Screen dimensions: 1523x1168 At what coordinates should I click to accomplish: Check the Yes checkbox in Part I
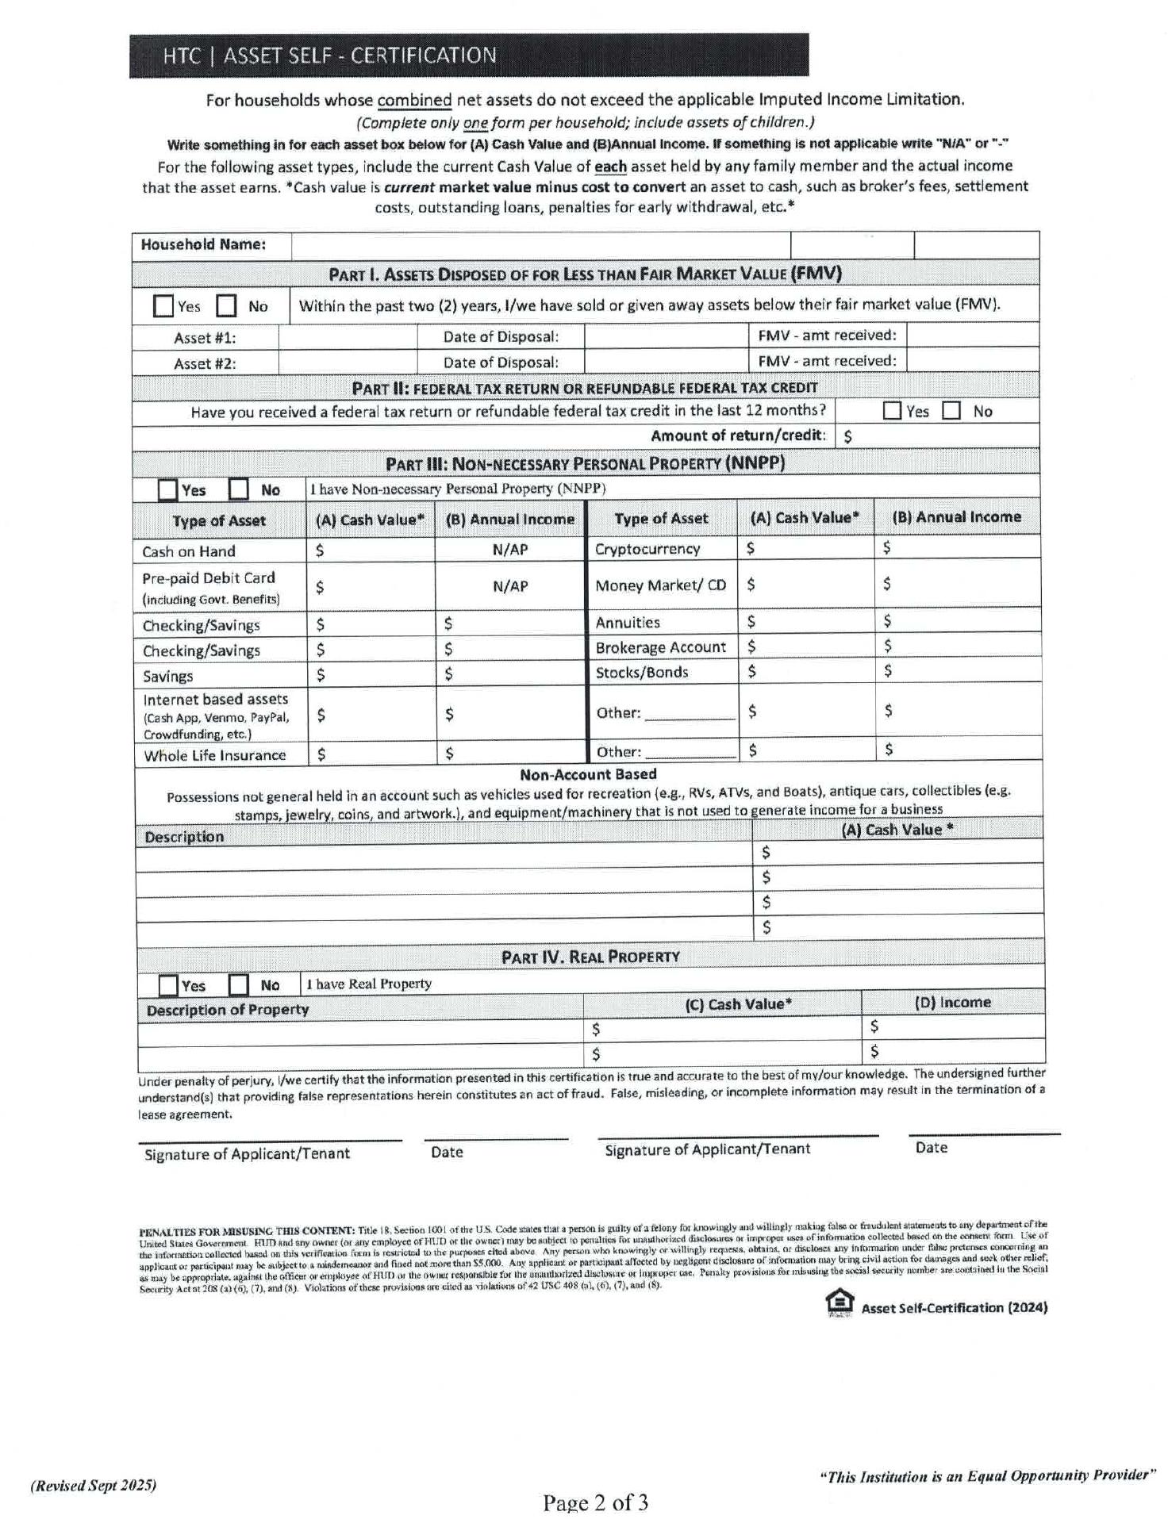[x=163, y=306]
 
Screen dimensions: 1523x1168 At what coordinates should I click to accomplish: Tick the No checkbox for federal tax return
[x=951, y=411]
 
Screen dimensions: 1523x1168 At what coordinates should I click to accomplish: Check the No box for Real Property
[x=238, y=984]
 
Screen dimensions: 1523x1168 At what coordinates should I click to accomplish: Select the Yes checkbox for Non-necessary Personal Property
[x=167, y=489]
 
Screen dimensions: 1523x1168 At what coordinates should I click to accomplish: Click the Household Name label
[x=203, y=244]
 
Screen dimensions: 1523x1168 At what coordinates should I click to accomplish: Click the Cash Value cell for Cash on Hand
[x=371, y=551]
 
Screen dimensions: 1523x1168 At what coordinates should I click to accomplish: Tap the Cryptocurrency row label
[x=647, y=549]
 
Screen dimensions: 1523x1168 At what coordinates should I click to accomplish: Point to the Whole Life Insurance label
[x=214, y=755]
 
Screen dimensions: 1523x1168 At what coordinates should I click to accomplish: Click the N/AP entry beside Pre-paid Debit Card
[x=510, y=586]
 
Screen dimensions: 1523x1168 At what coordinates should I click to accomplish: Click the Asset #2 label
[x=205, y=363]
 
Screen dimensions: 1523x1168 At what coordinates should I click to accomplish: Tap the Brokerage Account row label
[x=660, y=647]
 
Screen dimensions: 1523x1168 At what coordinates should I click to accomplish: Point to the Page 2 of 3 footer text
[x=595, y=1502]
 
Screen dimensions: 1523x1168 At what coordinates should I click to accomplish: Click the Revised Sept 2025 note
[x=94, y=1485]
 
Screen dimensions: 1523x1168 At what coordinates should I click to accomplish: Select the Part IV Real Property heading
[x=590, y=957]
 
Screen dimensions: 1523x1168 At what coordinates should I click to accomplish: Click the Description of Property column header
[x=228, y=1010]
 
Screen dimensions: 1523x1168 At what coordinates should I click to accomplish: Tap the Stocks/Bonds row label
[x=642, y=673]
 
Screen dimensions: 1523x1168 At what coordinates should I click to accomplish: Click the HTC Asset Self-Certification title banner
[x=468, y=56]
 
